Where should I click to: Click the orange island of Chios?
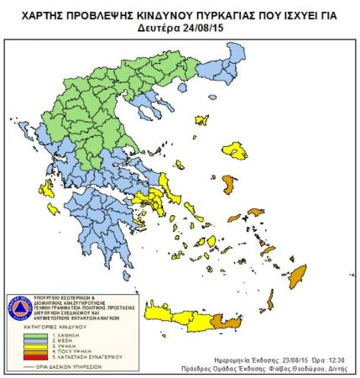pyautogui.click(x=229, y=183)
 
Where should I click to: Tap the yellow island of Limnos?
pyautogui.click(x=202, y=121)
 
